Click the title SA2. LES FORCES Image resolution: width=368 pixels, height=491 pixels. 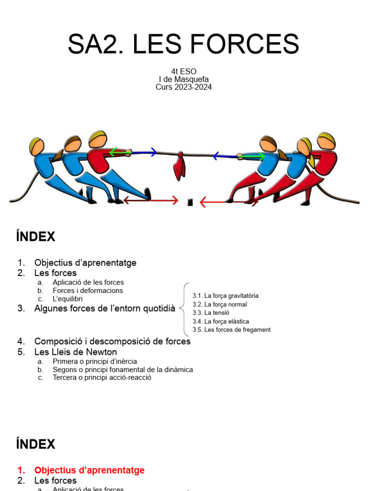click(x=184, y=44)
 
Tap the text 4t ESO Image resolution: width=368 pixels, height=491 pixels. click(x=184, y=71)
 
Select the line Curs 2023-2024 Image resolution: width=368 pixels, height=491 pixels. click(x=184, y=87)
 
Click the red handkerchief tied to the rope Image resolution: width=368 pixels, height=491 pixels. click(x=179, y=165)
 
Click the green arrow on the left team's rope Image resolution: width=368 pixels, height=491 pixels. click(x=120, y=152)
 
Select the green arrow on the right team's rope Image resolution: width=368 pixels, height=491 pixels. click(x=252, y=156)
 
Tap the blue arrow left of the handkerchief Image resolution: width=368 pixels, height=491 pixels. click(x=144, y=152)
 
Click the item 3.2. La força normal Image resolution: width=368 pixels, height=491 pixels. click(x=219, y=304)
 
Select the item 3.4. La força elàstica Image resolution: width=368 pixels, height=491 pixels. click(x=220, y=321)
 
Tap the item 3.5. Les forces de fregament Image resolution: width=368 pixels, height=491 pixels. click(x=231, y=330)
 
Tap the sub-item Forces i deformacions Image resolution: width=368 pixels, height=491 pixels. click(x=88, y=291)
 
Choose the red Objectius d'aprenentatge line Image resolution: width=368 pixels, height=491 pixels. click(x=89, y=470)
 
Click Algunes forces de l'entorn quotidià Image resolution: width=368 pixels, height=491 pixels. click(x=104, y=309)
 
